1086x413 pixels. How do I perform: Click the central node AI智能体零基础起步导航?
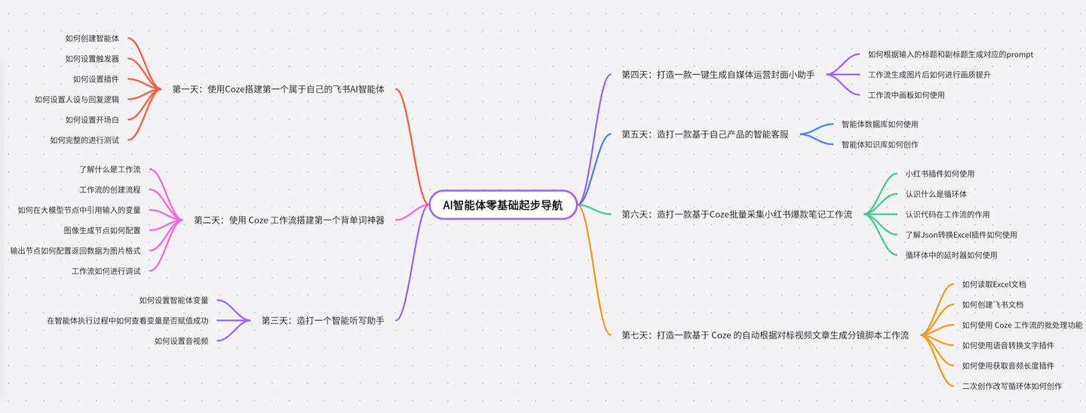click(x=503, y=205)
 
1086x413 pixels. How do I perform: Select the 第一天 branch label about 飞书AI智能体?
click(x=278, y=89)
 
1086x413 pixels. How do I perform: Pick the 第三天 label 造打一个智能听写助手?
click(x=323, y=321)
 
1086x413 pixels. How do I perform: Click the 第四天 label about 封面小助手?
click(x=718, y=75)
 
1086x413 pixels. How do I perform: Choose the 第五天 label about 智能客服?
click(x=705, y=134)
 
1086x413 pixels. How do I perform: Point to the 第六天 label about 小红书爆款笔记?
click(x=737, y=214)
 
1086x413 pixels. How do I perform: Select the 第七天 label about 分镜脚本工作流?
click(x=765, y=334)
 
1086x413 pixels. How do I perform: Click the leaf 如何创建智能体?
click(x=92, y=39)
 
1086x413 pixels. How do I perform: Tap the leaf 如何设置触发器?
click(x=92, y=59)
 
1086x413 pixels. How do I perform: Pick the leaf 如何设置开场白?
click(x=92, y=119)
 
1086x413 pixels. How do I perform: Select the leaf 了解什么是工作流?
click(x=110, y=170)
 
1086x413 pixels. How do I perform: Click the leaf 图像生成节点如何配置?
click(x=103, y=230)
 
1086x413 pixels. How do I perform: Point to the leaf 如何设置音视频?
click(x=181, y=341)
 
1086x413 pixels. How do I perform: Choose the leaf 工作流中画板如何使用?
click(x=906, y=95)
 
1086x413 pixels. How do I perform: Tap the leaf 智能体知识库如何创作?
click(x=880, y=144)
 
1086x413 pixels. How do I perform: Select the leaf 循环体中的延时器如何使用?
click(x=951, y=255)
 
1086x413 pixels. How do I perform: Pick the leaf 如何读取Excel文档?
click(x=994, y=285)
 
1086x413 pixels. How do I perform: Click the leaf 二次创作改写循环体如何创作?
click(x=1012, y=386)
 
